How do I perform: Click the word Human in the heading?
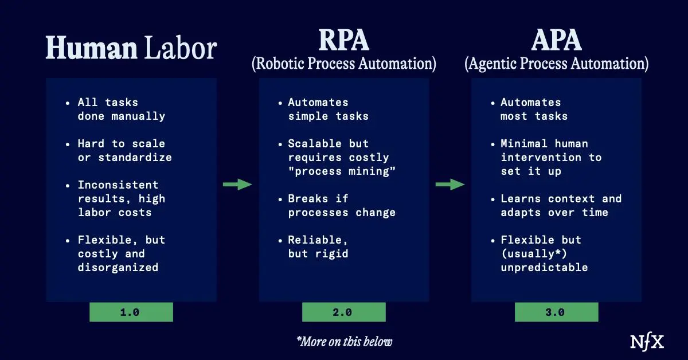point(91,48)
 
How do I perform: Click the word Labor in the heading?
point(181,48)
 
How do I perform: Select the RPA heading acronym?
point(343,40)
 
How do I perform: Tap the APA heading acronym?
point(556,40)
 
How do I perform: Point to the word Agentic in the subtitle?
point(491,64)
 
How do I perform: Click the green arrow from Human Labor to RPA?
point(237,185)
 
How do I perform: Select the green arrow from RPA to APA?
point(450,185)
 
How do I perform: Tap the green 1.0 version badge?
point(131,312)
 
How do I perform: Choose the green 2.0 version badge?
point(343,312)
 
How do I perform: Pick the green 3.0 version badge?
point(556,312)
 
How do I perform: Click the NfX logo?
point(647,342)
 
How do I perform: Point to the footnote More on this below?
point(345,342)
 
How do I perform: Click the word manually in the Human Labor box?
point(138,116)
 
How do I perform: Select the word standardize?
point(135,158)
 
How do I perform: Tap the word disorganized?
point(118,268)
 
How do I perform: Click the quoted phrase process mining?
point(342,171)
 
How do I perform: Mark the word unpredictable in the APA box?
point(544,268)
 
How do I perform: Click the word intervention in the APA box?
point(541,158)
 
